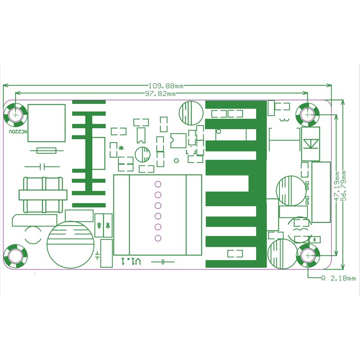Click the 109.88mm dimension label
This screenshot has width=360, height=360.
166,86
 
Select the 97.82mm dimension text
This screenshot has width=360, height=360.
161,94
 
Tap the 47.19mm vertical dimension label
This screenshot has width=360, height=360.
337,186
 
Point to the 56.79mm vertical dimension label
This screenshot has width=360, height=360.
344,186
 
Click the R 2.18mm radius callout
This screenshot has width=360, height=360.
338,279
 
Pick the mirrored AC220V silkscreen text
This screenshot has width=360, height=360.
18,132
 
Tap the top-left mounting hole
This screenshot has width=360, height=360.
15,114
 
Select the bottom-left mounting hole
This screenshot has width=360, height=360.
15,256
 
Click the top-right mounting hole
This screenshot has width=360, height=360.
308,114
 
